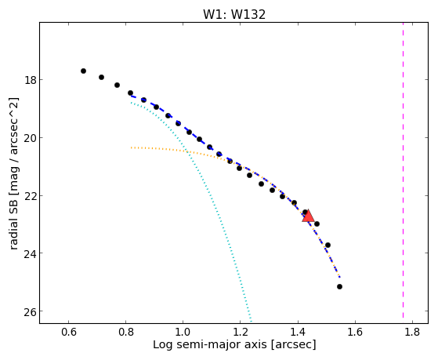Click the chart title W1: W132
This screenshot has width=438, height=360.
click(234, 14)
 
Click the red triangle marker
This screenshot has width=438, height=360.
click(308, 216)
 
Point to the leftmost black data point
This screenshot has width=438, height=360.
click(83, 71)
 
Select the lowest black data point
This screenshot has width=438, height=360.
click(340, 287)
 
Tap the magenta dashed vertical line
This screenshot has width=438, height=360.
click(403, 170)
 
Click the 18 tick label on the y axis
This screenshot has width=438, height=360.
click(30, 80)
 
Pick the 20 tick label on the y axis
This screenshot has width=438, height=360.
click(30, 138)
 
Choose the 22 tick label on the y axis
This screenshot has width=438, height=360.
click(30, 196)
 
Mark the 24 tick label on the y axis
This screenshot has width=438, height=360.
click(30, 253)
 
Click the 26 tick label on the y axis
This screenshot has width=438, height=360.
click(30, 311)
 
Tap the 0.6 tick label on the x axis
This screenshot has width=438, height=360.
click(68, 332)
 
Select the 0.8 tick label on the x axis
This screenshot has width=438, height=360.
click(125, 332)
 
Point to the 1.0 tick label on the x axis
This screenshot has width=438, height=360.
click(183, 332)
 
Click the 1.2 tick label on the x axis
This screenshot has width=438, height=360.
click(241, 332)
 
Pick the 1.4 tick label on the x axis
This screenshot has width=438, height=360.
click(298, 332)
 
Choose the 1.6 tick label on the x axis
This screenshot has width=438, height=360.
click(355, 332)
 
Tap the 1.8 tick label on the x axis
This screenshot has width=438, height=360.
click(412, 332)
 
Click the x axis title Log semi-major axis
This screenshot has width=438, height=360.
click(210, 345)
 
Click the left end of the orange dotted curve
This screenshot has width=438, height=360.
click(131, 147)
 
